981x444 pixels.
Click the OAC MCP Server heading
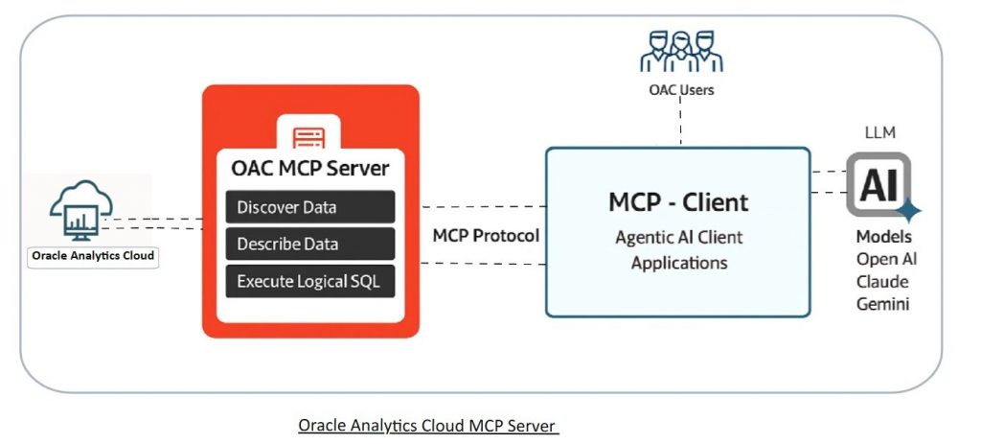pyautogui.click(x=310, y=169)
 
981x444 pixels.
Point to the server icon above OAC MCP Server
pyautogui.click(x=310, y=134)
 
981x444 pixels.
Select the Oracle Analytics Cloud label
pyautogui.click(x=93, y=256)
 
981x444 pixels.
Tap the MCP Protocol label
pyautogui.click(x=486, y=236)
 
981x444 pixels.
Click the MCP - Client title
pyautogui.click(x=678, y=202)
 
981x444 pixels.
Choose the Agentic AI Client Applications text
pyautogui.click(x=678, y=249)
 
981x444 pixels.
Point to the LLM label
pyautogui.click(x=878, y=132)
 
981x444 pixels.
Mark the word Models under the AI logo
pyautogui.click(x=883, y=237)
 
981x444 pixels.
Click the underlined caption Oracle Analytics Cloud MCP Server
pyautogui.click(x=427, y=425)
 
